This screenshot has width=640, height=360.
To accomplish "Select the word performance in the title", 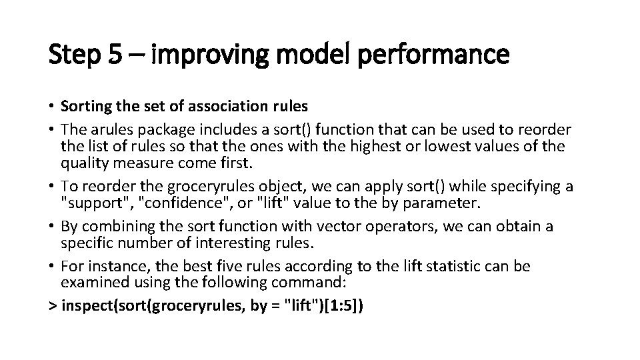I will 434,55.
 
